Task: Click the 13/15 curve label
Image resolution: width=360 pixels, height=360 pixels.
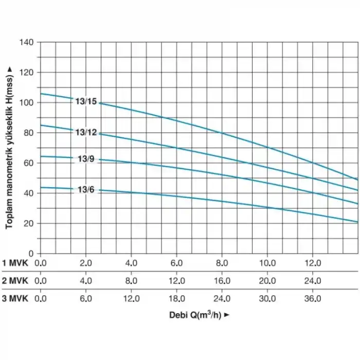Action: pos(86,101)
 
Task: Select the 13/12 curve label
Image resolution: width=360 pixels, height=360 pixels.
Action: pos(86,133)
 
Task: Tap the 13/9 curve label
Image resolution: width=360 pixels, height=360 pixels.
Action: pos(86,159)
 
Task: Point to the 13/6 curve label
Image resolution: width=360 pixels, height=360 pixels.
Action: pos(86,190)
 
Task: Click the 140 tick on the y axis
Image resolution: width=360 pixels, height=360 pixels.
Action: pos(27,42)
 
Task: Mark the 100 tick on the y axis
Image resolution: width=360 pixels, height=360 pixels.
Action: pos(27,102)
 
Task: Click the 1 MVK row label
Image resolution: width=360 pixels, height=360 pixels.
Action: pos(17,263)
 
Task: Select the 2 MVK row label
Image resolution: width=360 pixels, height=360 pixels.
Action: pos(17,281)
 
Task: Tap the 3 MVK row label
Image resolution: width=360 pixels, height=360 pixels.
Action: pos(17,298)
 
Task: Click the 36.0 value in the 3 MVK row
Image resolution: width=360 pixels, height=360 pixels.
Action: pos(313,298)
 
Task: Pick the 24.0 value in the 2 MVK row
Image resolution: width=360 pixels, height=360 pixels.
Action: pos(313,281)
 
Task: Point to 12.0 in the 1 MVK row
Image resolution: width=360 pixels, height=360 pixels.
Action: pos(313,263)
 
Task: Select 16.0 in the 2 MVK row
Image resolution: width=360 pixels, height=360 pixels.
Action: pos(222,281)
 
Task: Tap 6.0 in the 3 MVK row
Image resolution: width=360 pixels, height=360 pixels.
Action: pos(86,298)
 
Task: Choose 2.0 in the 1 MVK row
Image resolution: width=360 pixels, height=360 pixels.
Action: pos(86,263)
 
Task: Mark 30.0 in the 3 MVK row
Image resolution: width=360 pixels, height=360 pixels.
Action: pos(267,298)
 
